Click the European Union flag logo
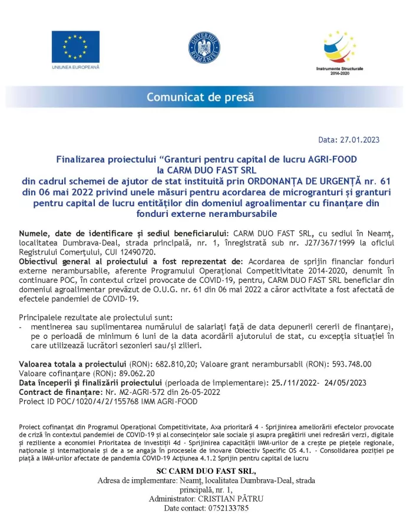click(x=75, y=46)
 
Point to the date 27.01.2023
click(x=361, y=140)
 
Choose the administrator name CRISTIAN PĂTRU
click(x=230, y=499)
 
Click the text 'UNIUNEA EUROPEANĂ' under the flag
click(x=75, y=67)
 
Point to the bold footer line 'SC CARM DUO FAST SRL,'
click(x=206, y=471)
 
